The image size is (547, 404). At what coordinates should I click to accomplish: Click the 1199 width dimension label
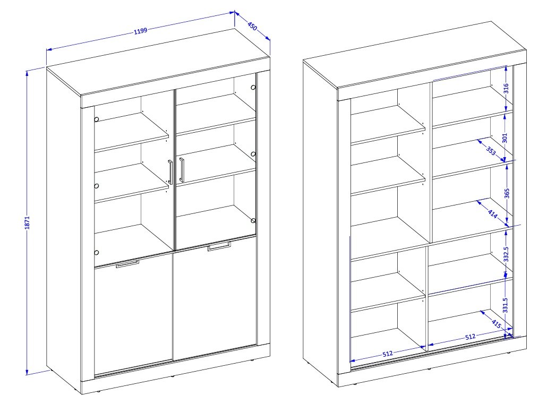coord(140,31)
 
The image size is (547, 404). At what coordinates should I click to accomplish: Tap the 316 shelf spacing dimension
coord(506,88)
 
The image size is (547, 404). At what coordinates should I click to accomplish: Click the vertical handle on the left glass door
coord(170,172)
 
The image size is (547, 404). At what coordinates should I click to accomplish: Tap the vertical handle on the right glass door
coord(181,169)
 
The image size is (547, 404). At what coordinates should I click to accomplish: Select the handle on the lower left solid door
coord(127,264)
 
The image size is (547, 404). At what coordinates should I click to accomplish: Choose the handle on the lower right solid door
coord(219,246)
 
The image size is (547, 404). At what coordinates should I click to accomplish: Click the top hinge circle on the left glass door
coord(96,118)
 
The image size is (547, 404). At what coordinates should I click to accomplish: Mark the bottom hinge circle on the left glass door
coord(97,252)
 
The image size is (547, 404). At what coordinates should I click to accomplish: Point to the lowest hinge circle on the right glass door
coord(253,220)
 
